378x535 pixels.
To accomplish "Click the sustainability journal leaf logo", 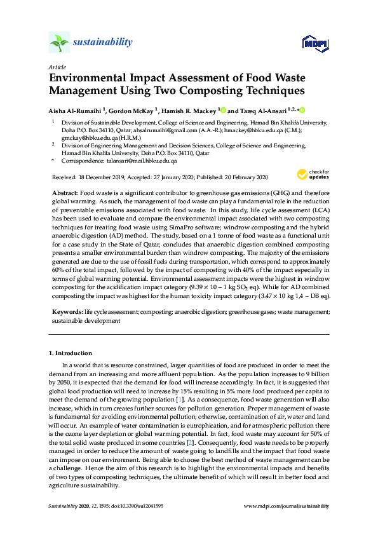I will tap(60, 43).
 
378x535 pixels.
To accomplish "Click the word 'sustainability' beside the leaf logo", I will tap(103, 43).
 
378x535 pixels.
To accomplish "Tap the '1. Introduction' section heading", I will tap(71, 353).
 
